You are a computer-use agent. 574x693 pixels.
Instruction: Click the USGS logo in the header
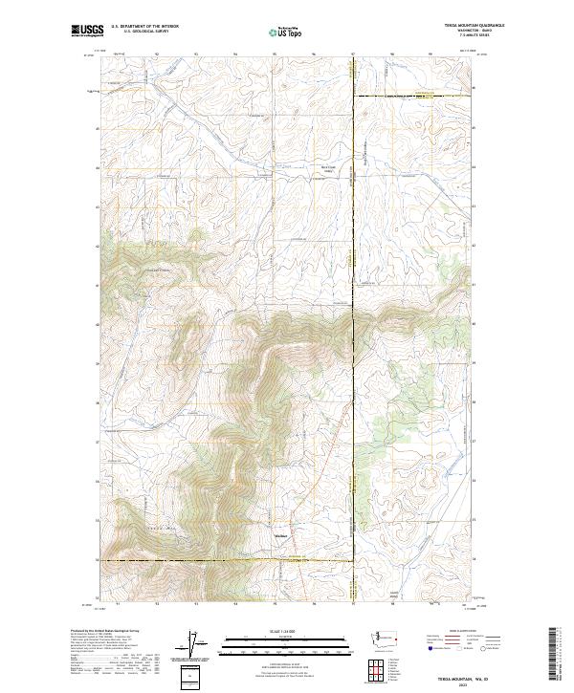[87, 31]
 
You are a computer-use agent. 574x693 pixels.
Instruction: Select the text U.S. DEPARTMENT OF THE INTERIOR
[144, 27]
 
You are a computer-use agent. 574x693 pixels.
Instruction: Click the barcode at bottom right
[553, 655]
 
